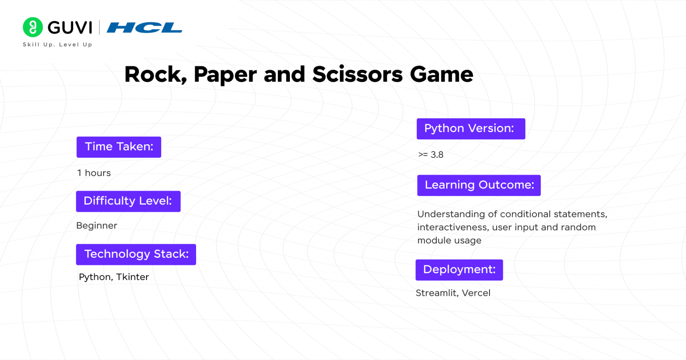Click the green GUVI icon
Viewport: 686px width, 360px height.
(x=33, y=27)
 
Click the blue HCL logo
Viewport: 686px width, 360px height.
(x=144, y=28)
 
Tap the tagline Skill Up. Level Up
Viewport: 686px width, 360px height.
(x=57, y=45)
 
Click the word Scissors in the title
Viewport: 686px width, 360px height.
(x=357, y=75)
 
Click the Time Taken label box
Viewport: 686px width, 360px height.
(x=119, y=147)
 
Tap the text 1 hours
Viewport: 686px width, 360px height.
(x=94, y=173)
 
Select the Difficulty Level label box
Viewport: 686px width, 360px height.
(x=128, y=201)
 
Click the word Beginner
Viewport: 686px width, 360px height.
(x=96, y=226)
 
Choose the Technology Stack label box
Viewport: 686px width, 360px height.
(x=136, y=254)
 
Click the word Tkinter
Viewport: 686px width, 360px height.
(x=133, y=277)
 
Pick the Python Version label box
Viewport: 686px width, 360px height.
(x=471, y=129)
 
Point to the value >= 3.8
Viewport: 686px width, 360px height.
(x=431, y=155)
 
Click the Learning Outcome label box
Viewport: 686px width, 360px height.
(x=479, y=185)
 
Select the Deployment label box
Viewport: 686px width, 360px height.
(x=459, y=270)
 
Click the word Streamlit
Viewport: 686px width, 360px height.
(x=436, y=293)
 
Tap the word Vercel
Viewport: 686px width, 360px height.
(x=476, y=293)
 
